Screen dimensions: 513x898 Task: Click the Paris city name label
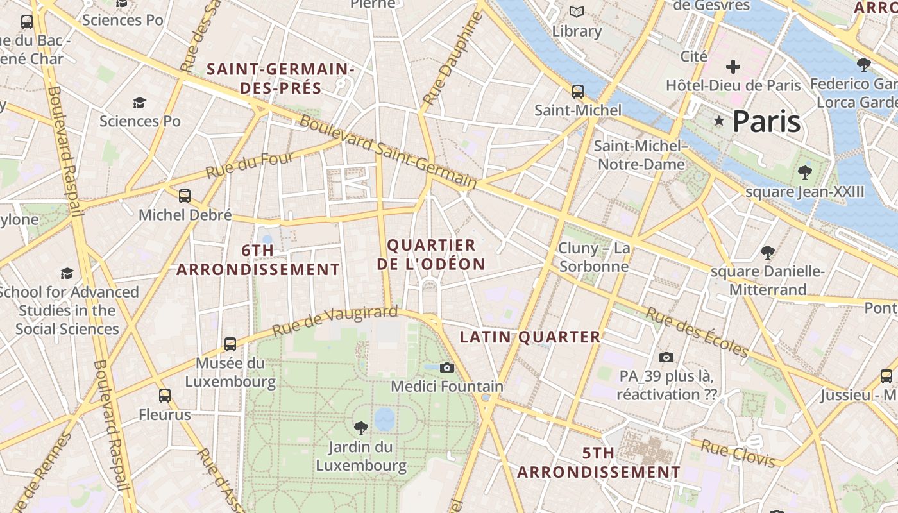pos(767,121)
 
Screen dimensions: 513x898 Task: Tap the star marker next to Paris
pos(719,121)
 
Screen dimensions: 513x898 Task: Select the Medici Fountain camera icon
pos(447,367)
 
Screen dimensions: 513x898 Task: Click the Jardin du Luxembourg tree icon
pos(361,428)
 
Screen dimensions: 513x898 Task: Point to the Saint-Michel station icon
pos(578,91)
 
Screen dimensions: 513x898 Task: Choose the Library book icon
pos(577,12)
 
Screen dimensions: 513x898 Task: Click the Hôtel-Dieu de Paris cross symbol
pos(733,66)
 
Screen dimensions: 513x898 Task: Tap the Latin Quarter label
pos(530,337)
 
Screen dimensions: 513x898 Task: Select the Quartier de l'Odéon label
pos(431,255)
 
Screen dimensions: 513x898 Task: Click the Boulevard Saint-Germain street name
pos(389,151)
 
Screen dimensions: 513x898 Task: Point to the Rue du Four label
pos(250,165)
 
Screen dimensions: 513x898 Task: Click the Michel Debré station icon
pos(185,196)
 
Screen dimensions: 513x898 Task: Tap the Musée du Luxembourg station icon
pos(230,344)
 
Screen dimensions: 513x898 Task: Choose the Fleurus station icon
pos(165,396)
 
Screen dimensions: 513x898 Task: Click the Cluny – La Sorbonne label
pos(594,257)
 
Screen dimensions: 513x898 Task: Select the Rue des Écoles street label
pos(697,332)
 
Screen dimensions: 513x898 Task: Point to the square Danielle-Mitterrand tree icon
pos(767,252)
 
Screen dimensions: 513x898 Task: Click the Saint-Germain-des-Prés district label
pos(281,78)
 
